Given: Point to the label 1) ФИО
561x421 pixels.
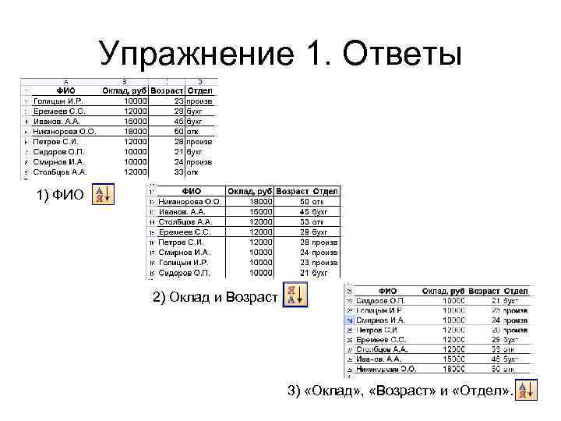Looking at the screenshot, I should tap(59, 195).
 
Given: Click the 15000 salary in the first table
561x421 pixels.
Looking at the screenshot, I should tap(135, 122).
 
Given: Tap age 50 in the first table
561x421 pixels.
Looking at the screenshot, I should tap(178, 132).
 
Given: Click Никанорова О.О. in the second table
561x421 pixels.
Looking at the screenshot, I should tap(190, 201).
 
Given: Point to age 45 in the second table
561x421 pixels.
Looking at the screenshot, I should tap(305, 211).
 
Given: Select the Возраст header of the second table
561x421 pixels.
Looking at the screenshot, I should tap(292, 191).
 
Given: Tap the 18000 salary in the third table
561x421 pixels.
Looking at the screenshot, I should tap(453, 369).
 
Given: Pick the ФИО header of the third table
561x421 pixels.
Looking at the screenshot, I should tap(390, 290).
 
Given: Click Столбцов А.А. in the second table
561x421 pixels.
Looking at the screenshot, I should tap(185, 221).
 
